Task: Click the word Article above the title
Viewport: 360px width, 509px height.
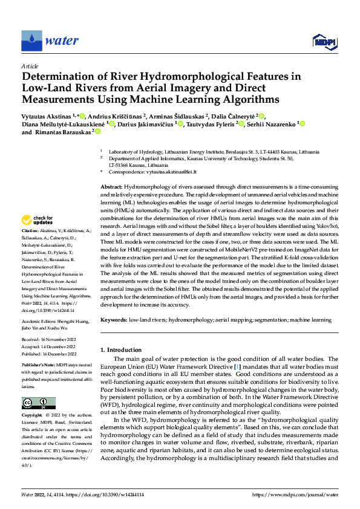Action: point(30,66)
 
